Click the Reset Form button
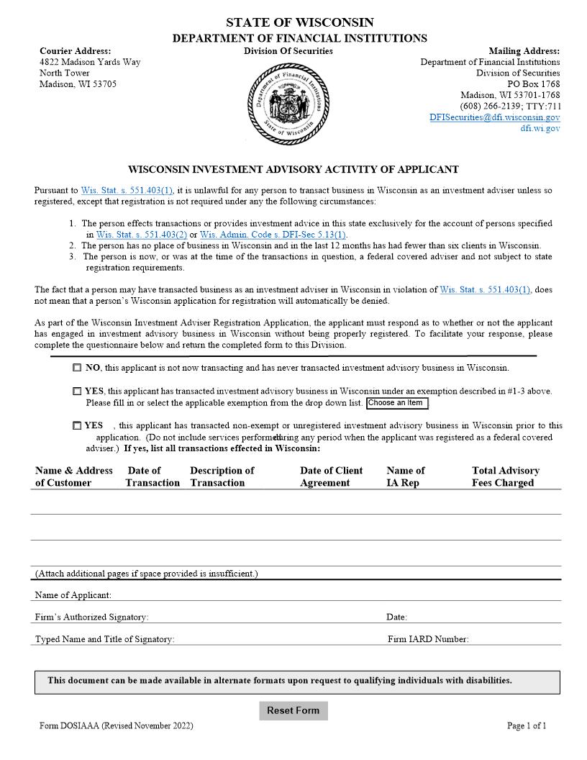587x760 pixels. tap(293, 710)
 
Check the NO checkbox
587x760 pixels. tap(77, 368)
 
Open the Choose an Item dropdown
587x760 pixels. tap(397, 403)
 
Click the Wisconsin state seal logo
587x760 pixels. tap(288, 103)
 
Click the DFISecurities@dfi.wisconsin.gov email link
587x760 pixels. tap(495, 117)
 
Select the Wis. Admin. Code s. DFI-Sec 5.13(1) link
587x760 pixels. tap(273, 235)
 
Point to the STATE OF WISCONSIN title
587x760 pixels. tap(300, 23)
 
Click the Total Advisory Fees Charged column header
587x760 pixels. tap(506, 476)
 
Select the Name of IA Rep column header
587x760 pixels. tap(406, 476)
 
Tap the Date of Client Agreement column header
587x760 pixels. tap(332, 476)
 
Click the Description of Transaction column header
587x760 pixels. tap(222, 476)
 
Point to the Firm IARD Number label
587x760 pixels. tap(428, 639)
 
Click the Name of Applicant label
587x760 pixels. tap(73, 595)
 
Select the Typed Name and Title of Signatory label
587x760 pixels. tap(105, 639)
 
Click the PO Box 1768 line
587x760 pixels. tap(533, 84)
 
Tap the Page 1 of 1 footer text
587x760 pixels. tap(527, 726)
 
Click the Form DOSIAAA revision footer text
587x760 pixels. tap(117, 726)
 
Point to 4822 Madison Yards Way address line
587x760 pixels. tap(90, 62)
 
